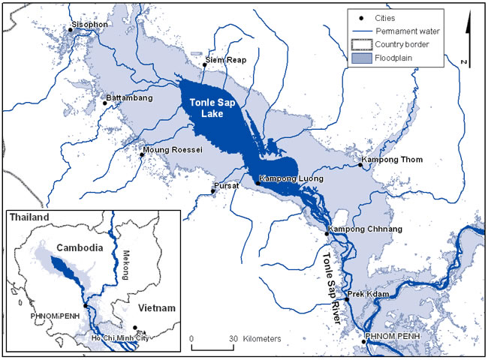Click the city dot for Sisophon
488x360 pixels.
pyautogui.click(x=71, y=29)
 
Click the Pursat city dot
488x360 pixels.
pyautogui.click(x=213, y=191)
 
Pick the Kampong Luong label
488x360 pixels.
pyautogui.click(x=291, y=179)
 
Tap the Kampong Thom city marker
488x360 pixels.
pyautogui.click(x=360, y=165)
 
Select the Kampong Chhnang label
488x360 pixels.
pyautogui.click(x=364, y=228)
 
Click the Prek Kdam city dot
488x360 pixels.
pyautogui.click(x=347, y=300)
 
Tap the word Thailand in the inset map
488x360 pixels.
pyautogui.click(x=29, y=217)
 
